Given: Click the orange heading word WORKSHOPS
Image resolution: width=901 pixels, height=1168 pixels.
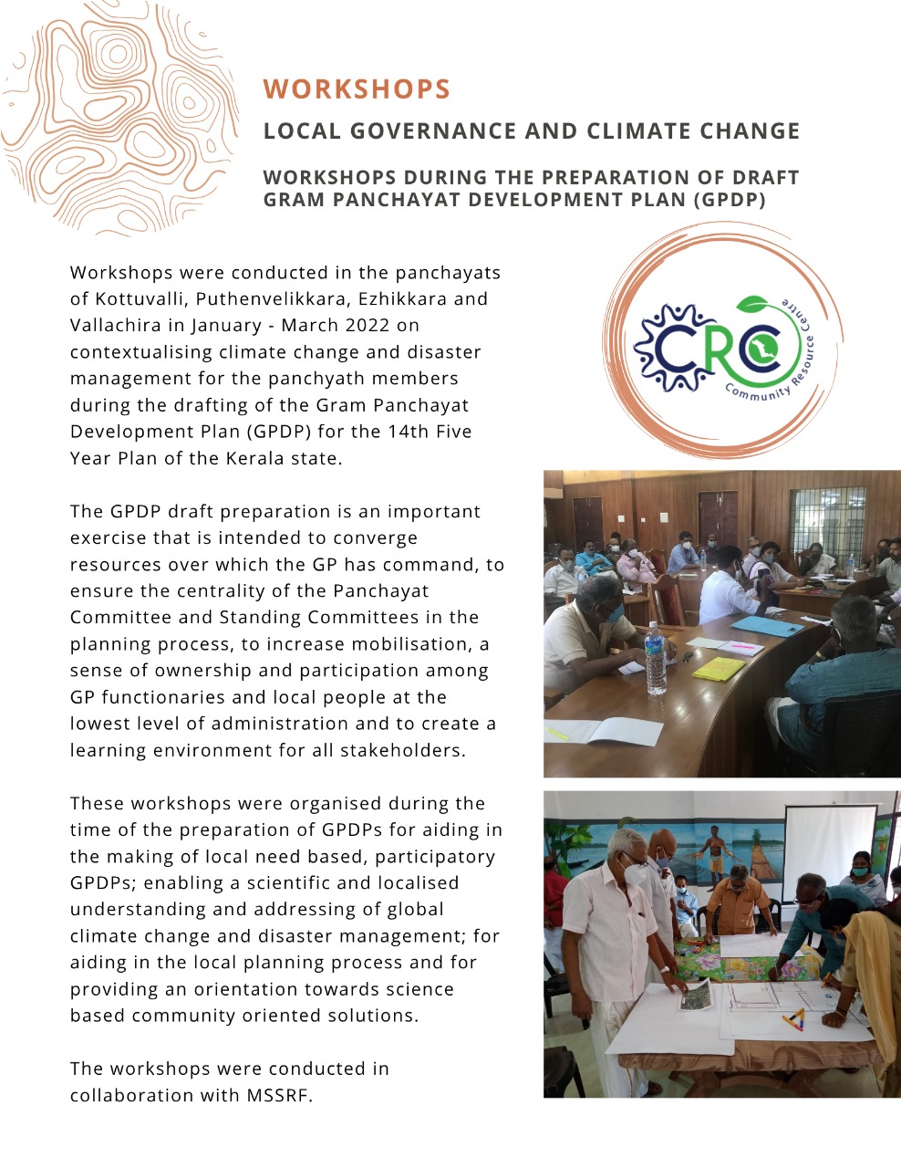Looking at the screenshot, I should click(357, 89).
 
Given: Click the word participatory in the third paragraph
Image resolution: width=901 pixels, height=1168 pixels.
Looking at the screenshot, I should click(435, 857).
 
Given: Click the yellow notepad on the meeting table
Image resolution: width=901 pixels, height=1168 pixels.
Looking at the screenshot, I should click(719, 669).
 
